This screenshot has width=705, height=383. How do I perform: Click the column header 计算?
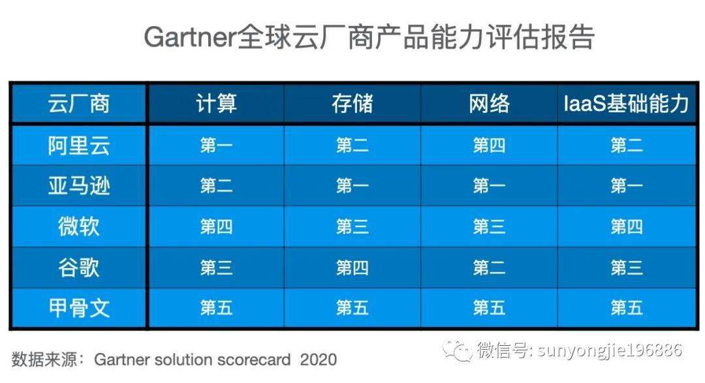coord(216,104)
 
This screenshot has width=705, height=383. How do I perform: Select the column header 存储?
coord(352,104)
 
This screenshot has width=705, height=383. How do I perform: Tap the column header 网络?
coord(489,104)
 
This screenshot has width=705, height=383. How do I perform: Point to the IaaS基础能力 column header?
coord(627,104)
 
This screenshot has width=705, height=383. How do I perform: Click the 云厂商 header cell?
coord(78,104)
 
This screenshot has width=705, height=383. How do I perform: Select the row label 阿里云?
coord(78,146)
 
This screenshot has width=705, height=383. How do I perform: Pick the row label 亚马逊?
coord(78,187)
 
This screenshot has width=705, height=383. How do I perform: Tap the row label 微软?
coord(78,227)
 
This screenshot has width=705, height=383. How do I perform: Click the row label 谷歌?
coord(78,268)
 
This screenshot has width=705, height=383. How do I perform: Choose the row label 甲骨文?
coord(78,308)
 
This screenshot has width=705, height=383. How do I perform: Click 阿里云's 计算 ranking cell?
coord(216,146)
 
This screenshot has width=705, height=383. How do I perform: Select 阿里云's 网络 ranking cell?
coord(489,146)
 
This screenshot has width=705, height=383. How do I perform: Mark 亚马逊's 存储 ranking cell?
coord(352,187)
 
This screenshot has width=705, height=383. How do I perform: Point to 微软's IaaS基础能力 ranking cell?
coord(627,227)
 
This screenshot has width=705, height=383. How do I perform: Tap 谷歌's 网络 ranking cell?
coord(489,268)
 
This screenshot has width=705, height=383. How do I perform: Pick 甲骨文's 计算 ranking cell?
coord(216,308)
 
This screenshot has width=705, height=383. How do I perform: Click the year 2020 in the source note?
coord(319,360)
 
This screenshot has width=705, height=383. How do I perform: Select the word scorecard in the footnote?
coord(257,360)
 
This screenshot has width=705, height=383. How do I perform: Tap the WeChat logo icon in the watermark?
coord(457,351)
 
